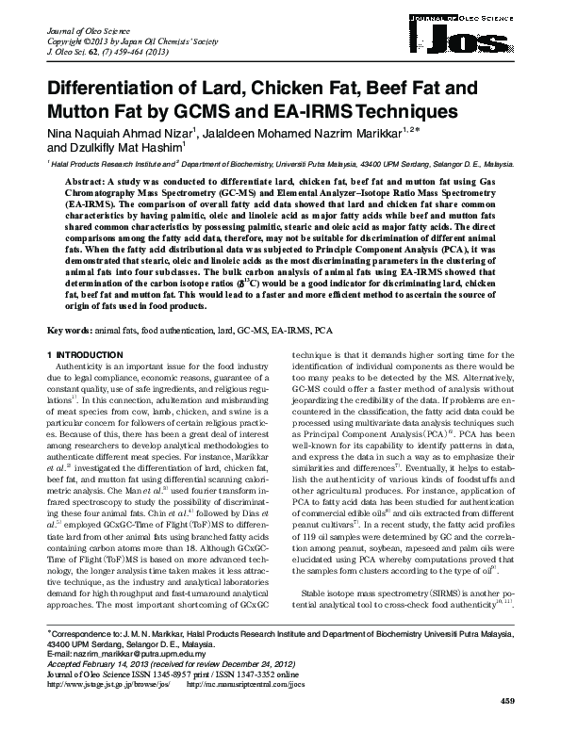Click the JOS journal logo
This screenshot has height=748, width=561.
coord(482,36)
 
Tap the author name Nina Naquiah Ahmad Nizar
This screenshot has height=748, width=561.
coord(106,133)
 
